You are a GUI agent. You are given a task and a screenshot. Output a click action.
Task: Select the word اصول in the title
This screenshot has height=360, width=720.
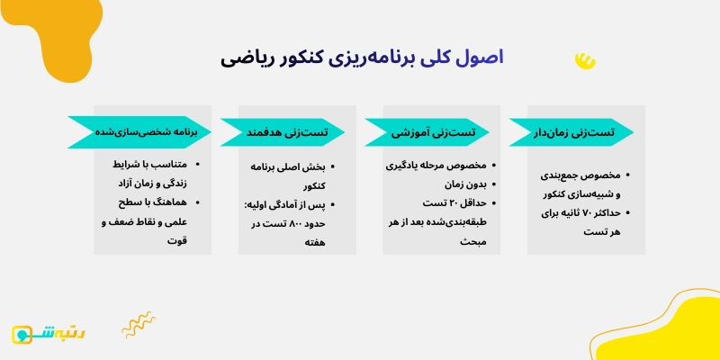point(476,59)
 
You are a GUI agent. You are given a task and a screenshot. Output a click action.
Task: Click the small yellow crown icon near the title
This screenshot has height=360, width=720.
point(585,60)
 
